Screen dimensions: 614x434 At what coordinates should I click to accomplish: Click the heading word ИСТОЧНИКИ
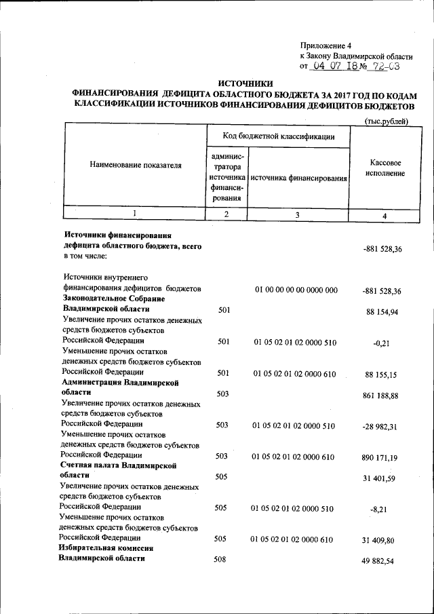point(248,81)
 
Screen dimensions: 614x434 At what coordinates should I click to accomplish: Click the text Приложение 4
point(325,44)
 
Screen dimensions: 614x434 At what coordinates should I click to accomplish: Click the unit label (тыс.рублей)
point(387,120)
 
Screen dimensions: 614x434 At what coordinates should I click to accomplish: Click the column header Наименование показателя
point(136,165)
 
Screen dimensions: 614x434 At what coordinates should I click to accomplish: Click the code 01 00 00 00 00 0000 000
point(296,290)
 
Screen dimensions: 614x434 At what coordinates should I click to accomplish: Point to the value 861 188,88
point(382,395)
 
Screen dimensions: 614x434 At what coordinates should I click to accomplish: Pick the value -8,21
point(378,510)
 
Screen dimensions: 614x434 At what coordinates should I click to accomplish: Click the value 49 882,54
point(383,562)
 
